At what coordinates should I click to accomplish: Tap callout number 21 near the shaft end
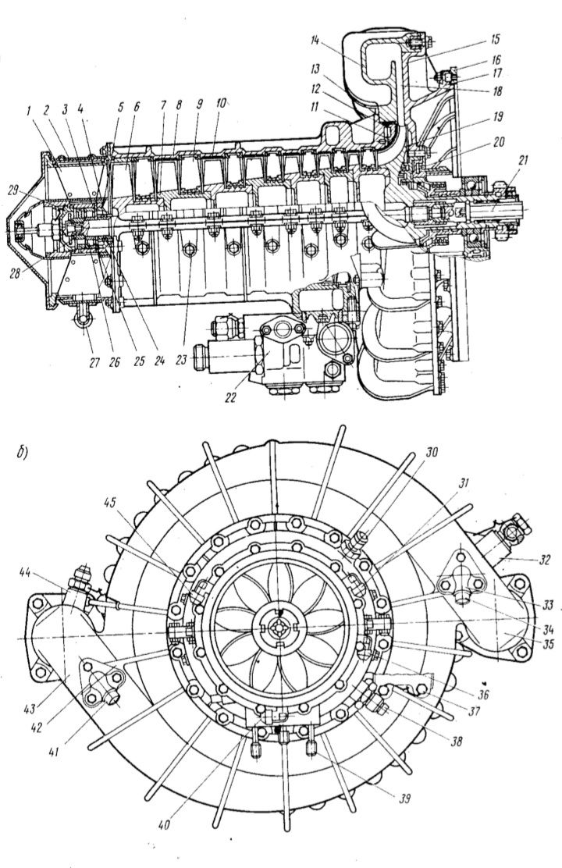pos(523,162)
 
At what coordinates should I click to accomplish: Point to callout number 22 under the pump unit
pos(229,397)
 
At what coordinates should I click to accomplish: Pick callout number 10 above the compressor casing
pos(222,104)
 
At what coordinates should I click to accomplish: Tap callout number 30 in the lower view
pos(432,452)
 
